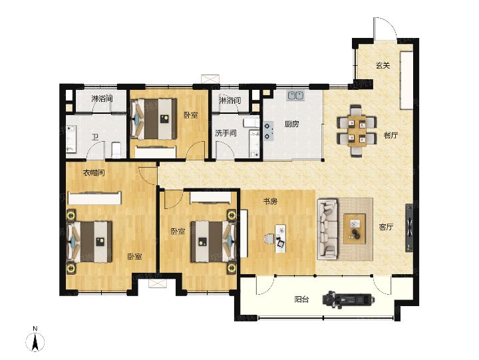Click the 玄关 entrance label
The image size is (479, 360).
coord(383,65)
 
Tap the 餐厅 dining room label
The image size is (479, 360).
coord(391,135)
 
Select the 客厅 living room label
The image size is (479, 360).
coord(386,227)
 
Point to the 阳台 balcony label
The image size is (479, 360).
coord(301,299)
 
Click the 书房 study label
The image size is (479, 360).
coord(270,202)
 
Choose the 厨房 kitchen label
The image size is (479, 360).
coord(292,124)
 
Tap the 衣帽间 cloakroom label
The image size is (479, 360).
coord(94,173)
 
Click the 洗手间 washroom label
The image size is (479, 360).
coord(226,133)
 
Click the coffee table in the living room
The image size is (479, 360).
coord(355,229)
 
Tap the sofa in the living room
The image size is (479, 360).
coord(327,229)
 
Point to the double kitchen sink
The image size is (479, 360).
coord(295,96)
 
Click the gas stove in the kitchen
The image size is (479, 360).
coord(268,131)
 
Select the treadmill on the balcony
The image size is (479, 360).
coord(348,299)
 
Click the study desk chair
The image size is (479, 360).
coord(269,239)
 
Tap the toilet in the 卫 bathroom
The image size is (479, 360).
coord(116,150)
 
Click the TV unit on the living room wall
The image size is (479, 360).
coord(409,228)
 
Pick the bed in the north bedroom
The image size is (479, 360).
coord(154,118)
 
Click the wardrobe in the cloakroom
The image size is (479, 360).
coord(95,198)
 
